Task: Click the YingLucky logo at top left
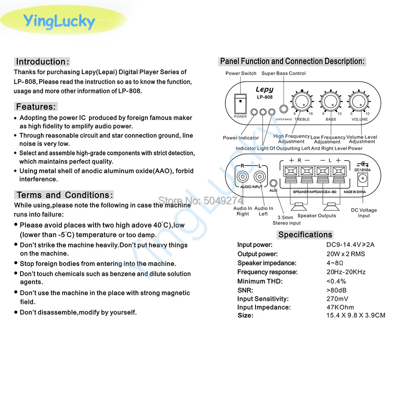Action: coord(59,21)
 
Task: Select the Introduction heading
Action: coord(43,62)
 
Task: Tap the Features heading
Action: coord(36,107)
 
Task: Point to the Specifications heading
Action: coord(305,235)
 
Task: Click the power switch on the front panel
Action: coord(240,103)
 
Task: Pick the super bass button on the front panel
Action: coord(284,109)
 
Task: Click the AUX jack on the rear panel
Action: coord(273,184)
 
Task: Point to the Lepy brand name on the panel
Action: coord(264,90)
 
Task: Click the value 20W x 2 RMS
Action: coord(346,254)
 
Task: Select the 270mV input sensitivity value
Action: coord(337,299)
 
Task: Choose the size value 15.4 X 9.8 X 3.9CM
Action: coord(356,315)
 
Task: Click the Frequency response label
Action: coord(267,272)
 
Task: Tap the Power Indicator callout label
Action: coord(241,138)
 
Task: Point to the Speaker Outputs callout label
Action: coord(317,216)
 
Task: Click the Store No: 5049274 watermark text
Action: coord(201,200)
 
